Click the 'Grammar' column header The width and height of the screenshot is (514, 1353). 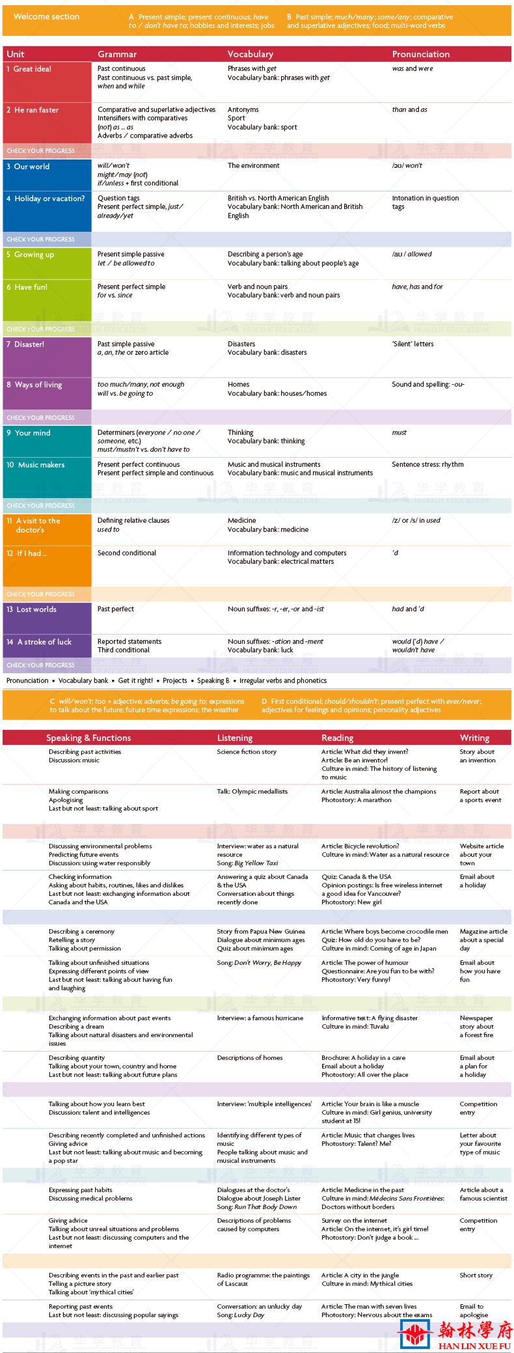coord(117,54)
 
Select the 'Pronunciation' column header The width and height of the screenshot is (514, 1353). coord(420,54)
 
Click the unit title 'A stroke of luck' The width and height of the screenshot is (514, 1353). coord(44,642)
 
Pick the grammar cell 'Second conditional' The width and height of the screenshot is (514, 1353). coord(127,553)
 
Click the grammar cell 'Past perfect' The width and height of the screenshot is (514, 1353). coord(116,609)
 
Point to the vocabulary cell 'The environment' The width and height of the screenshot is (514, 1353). coord(254,166)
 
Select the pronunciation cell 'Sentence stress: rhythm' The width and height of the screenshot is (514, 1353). coord(427,465)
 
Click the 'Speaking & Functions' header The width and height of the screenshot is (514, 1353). coord(88,738)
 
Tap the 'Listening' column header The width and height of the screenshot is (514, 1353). coord(234,738)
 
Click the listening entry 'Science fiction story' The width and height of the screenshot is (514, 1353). coord(247,752)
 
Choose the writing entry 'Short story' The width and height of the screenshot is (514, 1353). coord(476,1276)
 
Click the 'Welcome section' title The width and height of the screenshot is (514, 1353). coord(46,17)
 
